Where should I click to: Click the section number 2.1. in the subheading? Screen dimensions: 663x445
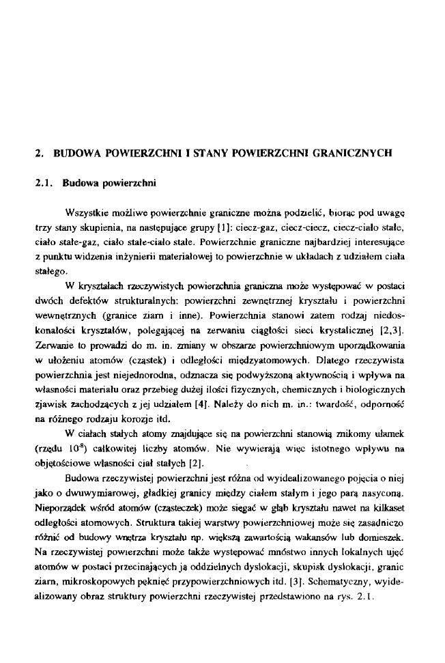click(x=46, y=184)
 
